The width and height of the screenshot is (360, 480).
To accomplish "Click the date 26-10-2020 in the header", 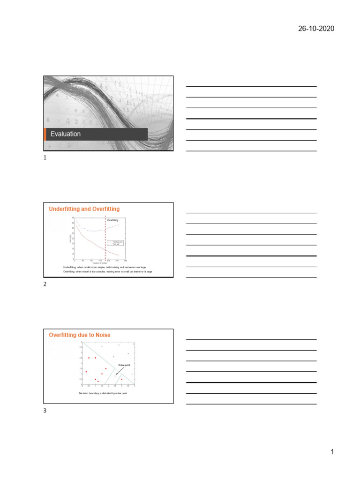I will click(316, 29).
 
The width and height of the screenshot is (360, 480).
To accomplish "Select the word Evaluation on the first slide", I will click(66, 134).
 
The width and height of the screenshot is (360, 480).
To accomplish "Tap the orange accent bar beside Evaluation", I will click(45, 134).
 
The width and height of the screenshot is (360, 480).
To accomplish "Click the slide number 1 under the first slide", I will click(45, 158).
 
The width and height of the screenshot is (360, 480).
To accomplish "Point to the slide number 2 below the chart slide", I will click(45, 285).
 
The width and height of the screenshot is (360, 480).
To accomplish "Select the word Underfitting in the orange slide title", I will click(64, 209).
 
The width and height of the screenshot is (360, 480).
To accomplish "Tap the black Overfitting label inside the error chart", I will click(112, 220).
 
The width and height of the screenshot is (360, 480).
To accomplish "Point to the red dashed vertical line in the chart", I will click(105, 239).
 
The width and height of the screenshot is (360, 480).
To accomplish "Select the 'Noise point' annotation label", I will click(124, 364).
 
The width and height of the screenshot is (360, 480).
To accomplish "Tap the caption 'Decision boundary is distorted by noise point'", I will click(103, 393).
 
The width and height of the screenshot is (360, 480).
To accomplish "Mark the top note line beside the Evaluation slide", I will click(251, 87).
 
